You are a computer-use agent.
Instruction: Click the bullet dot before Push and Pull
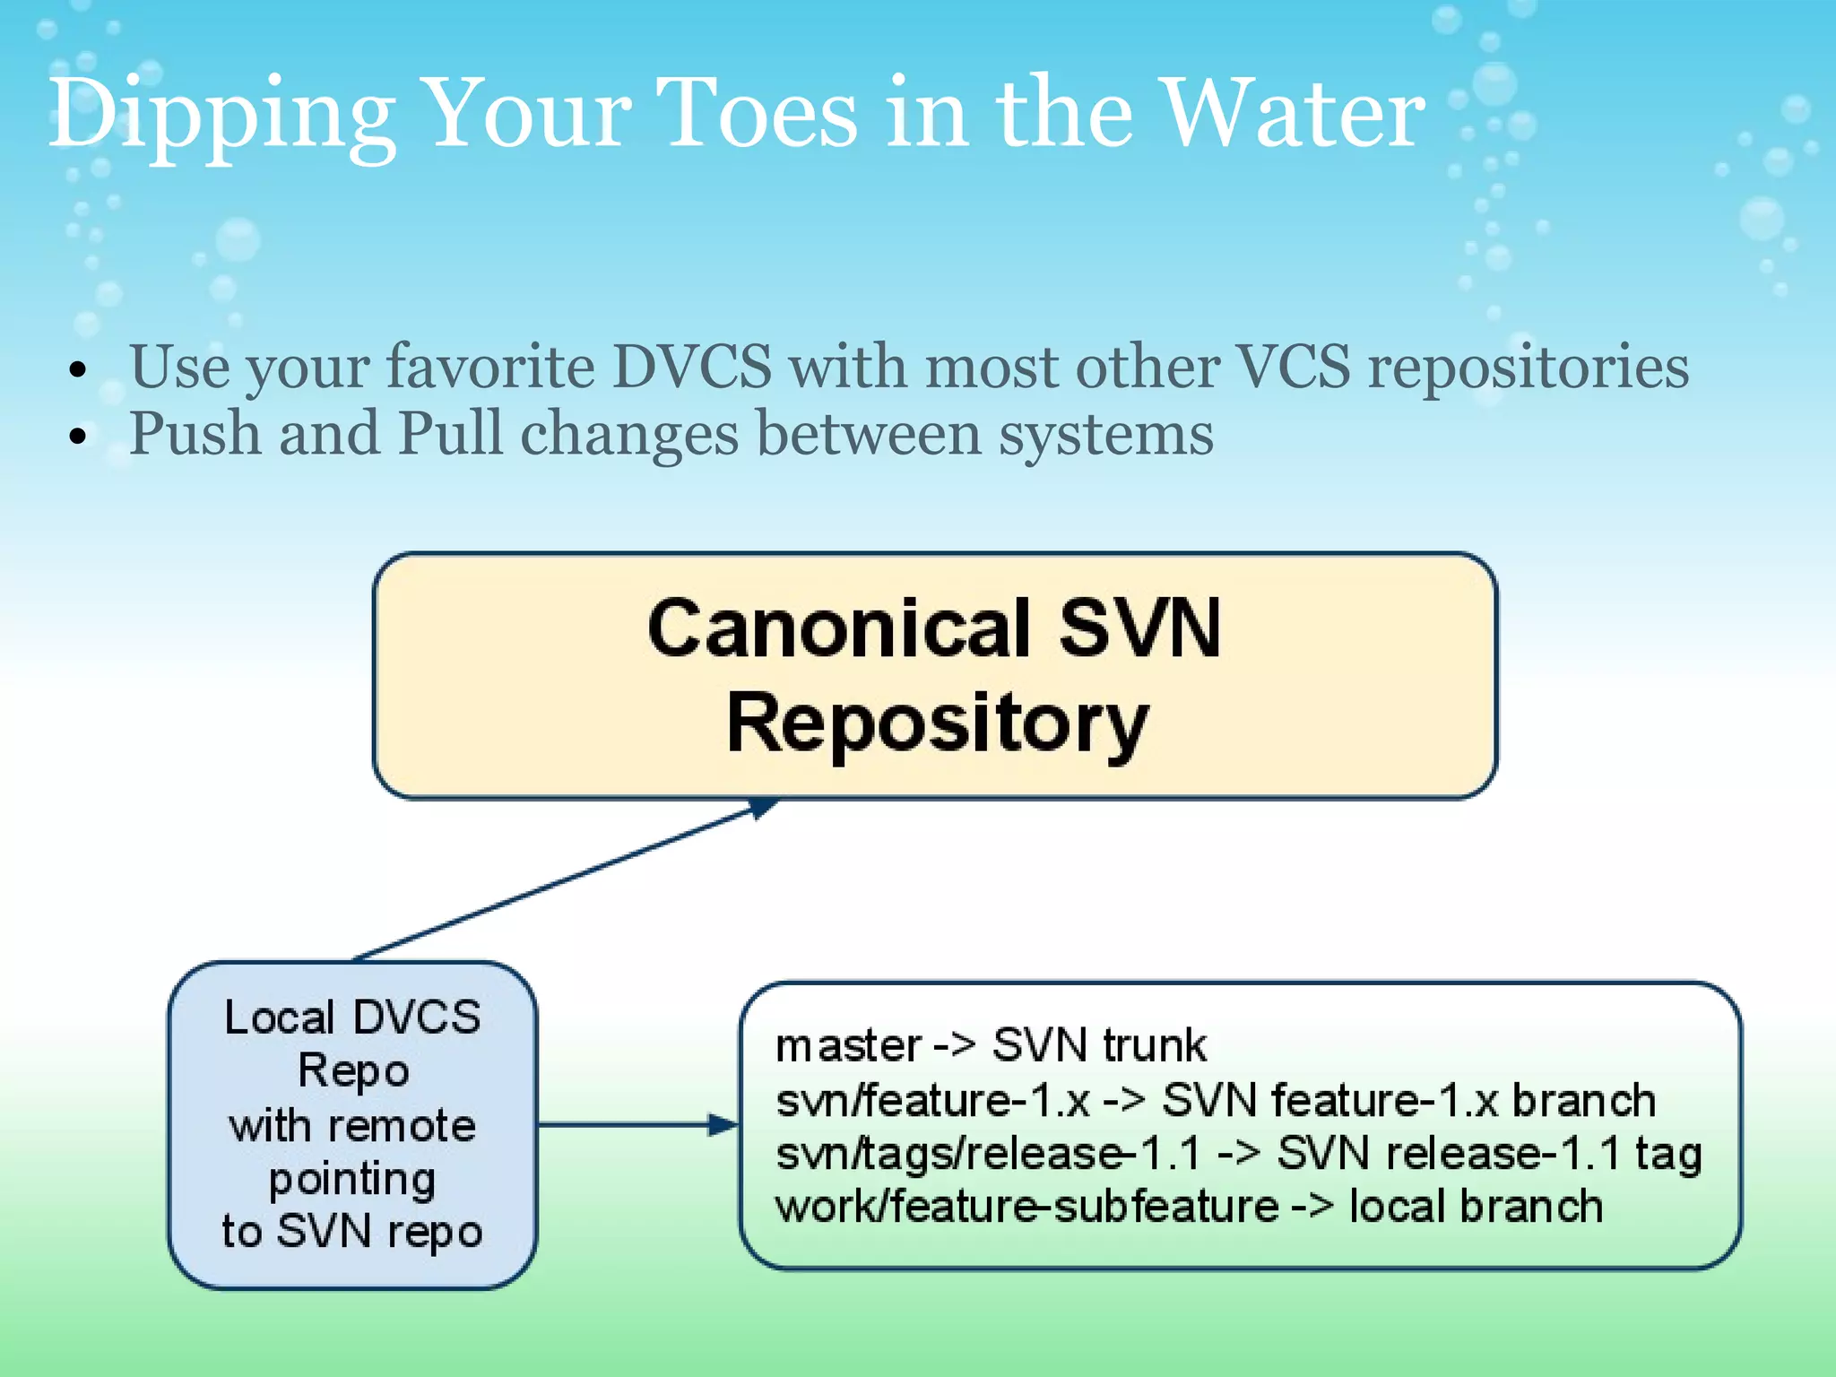[x=80, y=437]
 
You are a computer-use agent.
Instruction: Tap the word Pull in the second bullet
[x=449, y=434]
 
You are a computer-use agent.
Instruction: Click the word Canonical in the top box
[x=839, y=628]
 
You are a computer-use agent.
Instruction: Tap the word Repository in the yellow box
[x=937, y=724]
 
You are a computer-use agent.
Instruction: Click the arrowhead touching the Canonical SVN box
[x=761, y=808]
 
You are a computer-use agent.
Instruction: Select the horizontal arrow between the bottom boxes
[x=637, y=1124]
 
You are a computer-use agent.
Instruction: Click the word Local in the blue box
[x=279, y=1018]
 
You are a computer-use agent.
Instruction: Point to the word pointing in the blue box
[x=352, y=1180]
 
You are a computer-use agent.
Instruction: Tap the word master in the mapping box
[x=848, y=1046]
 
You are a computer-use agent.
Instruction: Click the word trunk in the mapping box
[x=1154, y=1046]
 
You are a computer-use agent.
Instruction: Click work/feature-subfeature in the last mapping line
[x=1026, y=1207]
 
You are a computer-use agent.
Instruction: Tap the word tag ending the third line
[x=1667, y=1155]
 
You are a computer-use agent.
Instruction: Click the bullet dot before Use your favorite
[x=80, y=369]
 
